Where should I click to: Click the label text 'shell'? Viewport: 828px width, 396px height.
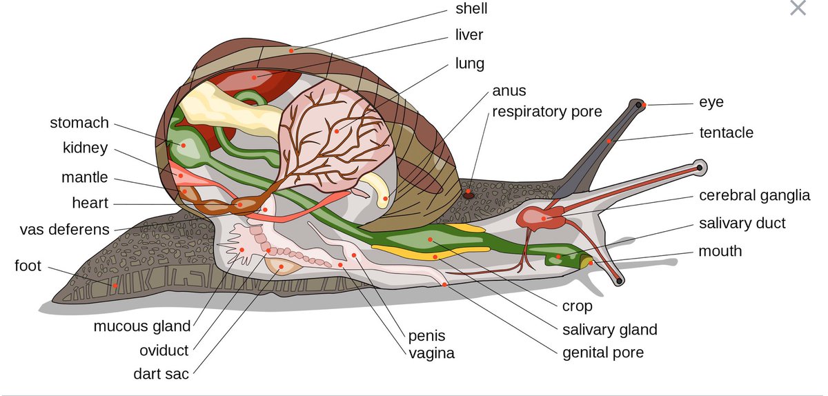coord(471,9)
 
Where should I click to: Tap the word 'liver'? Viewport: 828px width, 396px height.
coord(469,34)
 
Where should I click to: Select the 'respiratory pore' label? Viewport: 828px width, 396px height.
coord(546,111)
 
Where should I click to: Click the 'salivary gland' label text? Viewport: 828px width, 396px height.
coord(609,330)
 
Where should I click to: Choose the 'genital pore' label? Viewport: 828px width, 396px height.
coord(603,353)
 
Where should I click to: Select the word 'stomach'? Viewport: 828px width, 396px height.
coord(79,123)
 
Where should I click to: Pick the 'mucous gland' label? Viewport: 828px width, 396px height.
coord(142,326)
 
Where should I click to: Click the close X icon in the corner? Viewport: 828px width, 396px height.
coord(798,8)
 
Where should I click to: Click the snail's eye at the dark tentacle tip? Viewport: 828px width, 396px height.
coord(640,105)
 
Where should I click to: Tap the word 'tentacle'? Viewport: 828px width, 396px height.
coord(726,132)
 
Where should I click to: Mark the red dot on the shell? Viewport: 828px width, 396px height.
coord(291,50)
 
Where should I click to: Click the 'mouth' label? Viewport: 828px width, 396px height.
coord(720,250)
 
